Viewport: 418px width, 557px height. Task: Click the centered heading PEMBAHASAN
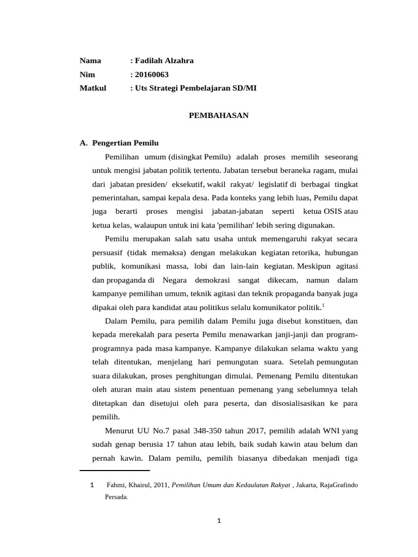(218, 115)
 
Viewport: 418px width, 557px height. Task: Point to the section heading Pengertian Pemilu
(126, 143)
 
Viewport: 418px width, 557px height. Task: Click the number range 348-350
(199, 431)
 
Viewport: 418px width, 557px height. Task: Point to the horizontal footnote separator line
(114, 471)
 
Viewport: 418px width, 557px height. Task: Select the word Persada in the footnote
(115, 497)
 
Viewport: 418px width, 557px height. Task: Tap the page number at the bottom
(218, 521)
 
